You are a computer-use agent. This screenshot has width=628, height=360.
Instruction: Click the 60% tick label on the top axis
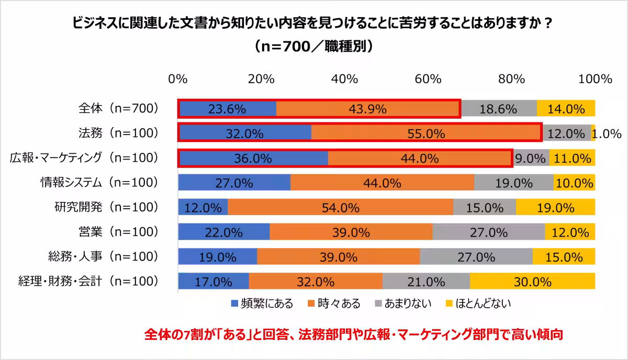[429, 79]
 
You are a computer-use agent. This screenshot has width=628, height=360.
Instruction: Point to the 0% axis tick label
[178, 79]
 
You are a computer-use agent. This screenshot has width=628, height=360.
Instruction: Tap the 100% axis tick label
[594, 79]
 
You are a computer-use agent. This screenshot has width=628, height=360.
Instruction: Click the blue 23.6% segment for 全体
[227, 109]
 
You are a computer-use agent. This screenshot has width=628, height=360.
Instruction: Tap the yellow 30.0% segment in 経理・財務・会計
[532, 282]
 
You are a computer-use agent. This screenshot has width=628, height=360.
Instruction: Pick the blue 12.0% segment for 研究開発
[203, 208]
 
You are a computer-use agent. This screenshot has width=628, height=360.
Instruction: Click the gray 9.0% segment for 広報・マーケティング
[530, 158]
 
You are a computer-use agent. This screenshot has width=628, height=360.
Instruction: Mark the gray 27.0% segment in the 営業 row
[489, 232]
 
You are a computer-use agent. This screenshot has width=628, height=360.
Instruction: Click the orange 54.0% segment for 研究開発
[340, 208]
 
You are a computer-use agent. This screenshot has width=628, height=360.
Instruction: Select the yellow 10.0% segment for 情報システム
[574, 183]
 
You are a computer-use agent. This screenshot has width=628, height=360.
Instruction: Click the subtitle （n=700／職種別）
[313, 47]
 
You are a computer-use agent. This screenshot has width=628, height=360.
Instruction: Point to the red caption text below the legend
[353, 334]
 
